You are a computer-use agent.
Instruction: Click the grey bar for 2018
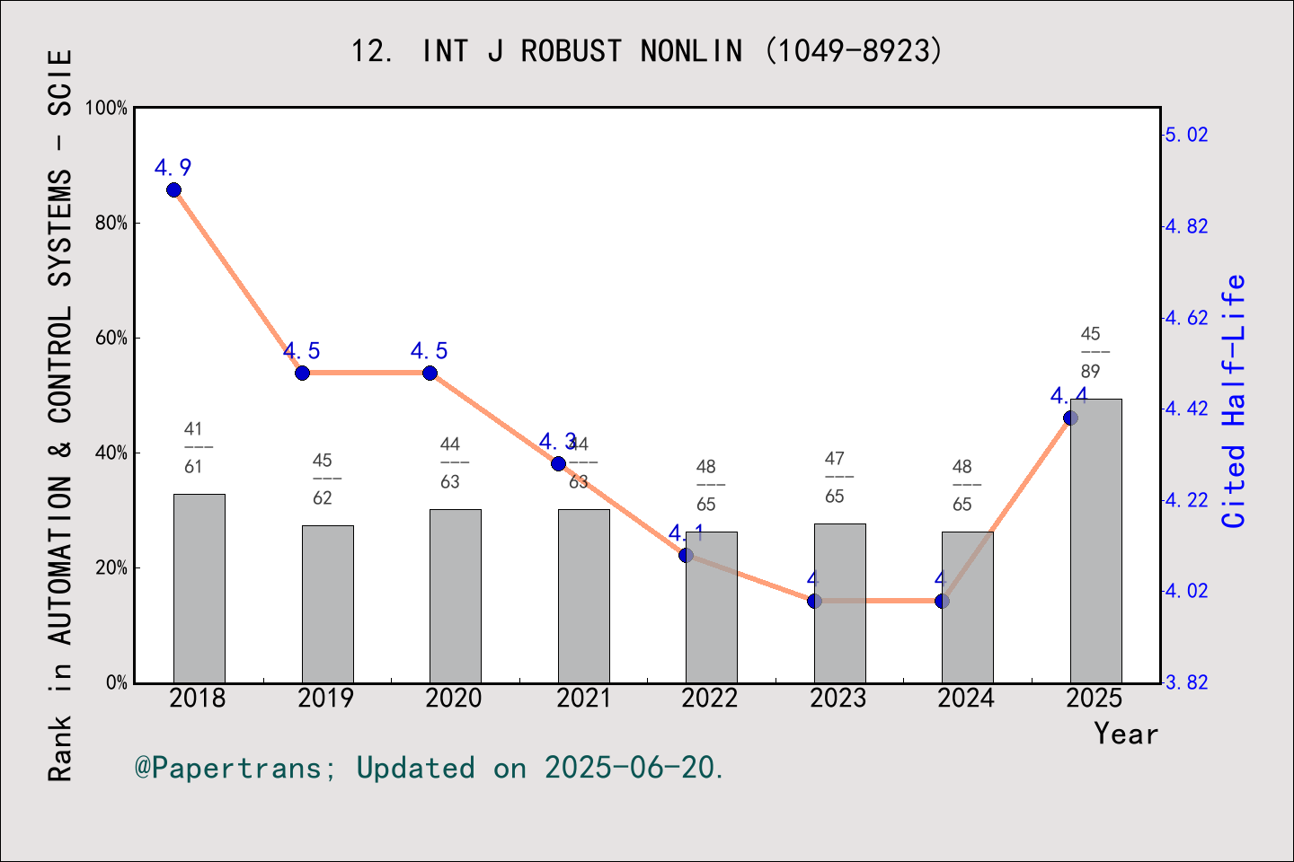pos(199,588)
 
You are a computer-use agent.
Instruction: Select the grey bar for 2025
pos(1095,541)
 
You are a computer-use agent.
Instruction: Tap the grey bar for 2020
pos(455,595)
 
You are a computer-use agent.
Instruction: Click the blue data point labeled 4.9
pos(173,189)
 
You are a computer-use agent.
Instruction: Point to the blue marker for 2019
pos(302,373)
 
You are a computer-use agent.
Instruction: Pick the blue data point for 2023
pos(814,601)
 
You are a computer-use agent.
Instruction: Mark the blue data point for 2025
pos(1070,418)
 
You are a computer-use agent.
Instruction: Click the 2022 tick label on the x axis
pos(710,699)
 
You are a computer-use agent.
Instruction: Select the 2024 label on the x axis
pos(966,699)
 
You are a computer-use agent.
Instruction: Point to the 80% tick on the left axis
pos(111,224)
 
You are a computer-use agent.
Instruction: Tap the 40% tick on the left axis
pos(111,453)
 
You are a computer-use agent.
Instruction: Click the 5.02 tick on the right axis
pos(1187,135)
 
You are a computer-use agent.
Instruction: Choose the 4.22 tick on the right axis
pos(1187,500)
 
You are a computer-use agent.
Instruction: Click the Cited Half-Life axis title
pos(1233,401)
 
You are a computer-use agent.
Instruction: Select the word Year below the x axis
pos(1126,734)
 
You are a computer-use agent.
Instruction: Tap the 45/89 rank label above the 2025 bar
pos(1091,352)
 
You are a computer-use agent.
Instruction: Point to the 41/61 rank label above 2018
pos(193,447)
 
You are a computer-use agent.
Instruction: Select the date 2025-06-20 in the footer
pos(631,769)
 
